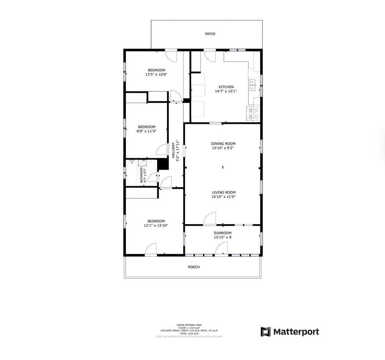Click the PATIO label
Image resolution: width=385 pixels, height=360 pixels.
(210, 34)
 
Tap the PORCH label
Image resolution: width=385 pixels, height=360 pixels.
(194, 267)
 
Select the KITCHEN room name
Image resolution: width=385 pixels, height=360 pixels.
(226, 87)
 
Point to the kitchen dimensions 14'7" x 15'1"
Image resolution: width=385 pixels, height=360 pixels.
(226, 91)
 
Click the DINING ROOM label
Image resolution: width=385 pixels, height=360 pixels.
(223, 144)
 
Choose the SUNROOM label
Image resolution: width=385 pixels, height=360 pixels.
(223, 233)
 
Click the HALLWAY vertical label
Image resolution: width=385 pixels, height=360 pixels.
(173, 150)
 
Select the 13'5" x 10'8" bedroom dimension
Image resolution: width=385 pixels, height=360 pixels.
(157, 75)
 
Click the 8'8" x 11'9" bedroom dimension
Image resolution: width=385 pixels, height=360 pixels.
(147, 131)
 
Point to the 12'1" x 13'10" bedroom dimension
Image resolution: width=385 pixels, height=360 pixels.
(156, 226)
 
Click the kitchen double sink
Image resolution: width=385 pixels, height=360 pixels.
(253, 85)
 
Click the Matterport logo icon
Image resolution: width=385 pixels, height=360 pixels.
(265, 332)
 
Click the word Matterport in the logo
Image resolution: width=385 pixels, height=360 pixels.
(296, 332)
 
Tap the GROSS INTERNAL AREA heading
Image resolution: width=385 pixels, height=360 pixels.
(189, 325)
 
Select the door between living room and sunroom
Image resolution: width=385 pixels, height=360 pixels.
(210, 219)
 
